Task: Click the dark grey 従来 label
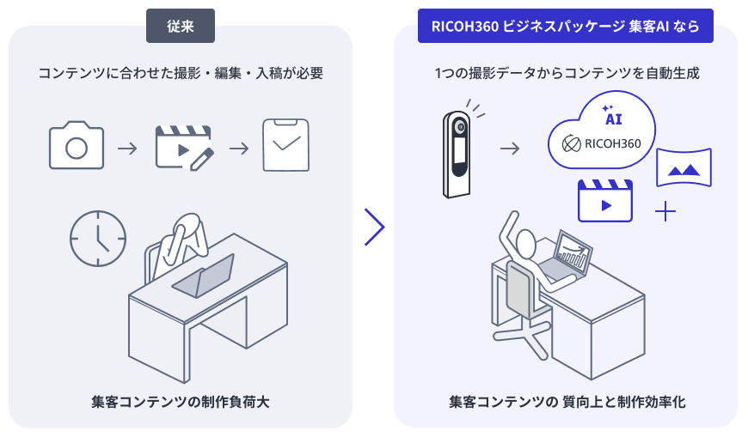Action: (181, 26)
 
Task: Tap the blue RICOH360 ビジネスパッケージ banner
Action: (565, 26)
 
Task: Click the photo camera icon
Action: (77, 145)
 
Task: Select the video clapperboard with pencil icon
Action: (184, 148)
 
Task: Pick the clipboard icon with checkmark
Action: (285, 145)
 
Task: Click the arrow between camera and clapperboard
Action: (127, 149)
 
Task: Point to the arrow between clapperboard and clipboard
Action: (239, 149)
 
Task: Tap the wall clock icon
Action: (98, 239)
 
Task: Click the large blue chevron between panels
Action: (375, 227)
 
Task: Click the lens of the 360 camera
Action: (460, 127)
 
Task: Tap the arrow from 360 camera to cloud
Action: (510, 149)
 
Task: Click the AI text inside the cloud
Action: (614, 119)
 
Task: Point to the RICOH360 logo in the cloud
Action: (602, 143)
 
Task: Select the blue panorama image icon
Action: (684, 167)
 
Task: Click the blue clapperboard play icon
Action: (605, 201)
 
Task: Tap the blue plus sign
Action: (665, 211)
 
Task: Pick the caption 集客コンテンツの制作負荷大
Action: (181, 402)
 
